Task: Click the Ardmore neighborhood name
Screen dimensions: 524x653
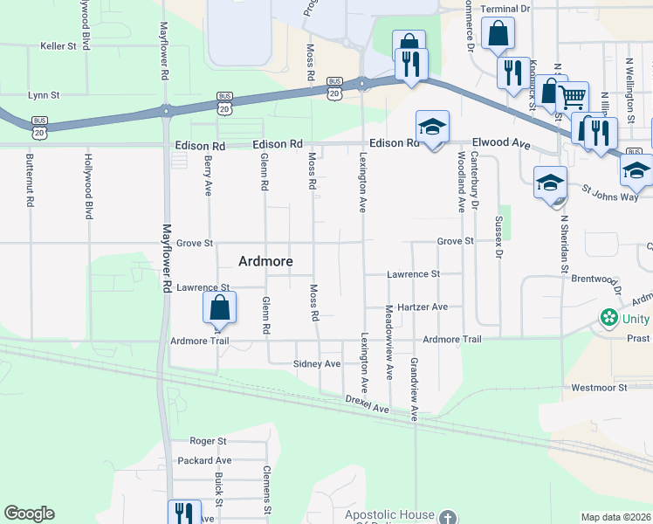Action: [265, 261]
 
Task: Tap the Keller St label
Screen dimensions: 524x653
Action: [58, 45]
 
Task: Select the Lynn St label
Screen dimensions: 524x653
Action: [43, 94]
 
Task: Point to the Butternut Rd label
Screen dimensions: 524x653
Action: [30, 180]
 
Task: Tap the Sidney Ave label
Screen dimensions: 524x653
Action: [316, 363]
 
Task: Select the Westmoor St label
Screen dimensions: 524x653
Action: [599, 387]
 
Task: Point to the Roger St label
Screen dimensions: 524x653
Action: [208, 442]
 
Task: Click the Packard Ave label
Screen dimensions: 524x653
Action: [203, 460]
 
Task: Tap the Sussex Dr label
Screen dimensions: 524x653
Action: [498, 236]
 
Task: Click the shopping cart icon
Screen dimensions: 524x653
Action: [572, 96]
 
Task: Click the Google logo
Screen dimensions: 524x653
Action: [29, 514]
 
